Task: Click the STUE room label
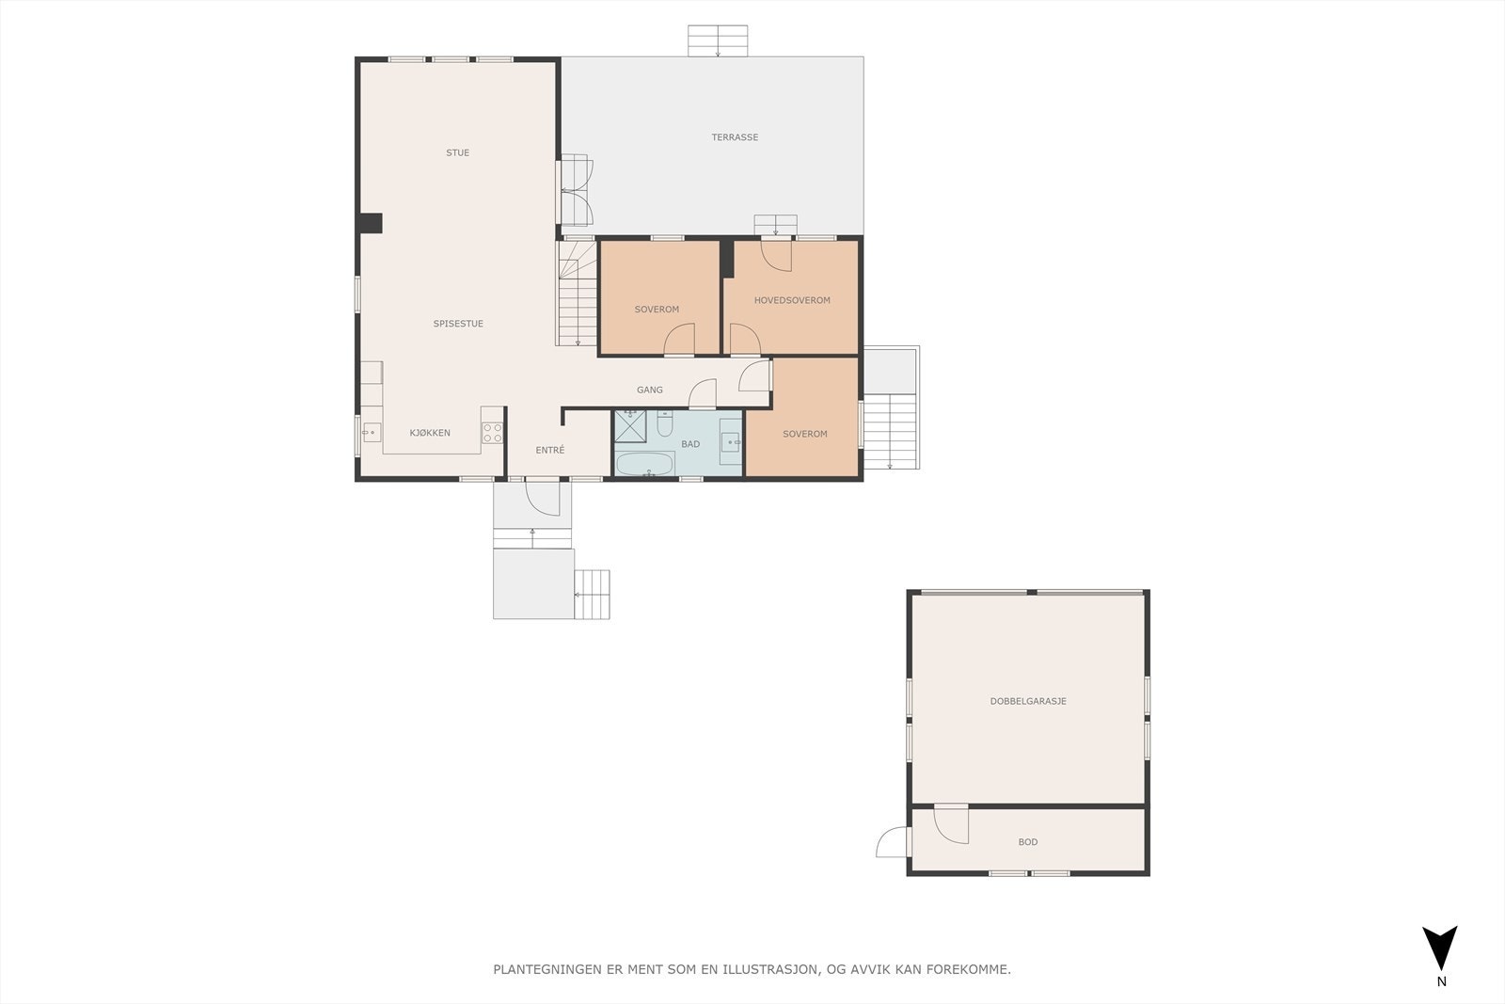(x=458, y=152)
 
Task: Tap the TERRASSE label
(x=735, y=137)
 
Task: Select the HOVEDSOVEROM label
(x=792, y=301)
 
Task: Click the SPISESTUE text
(x=458, y=324)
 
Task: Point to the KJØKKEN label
(x=430, y=433)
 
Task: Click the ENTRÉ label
(x=550, y=451)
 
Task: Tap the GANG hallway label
(x=650, y=390)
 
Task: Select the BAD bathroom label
(x=690, y=444)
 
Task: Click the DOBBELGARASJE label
(x=1028, y=701)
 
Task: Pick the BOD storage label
(x=1028, y=842)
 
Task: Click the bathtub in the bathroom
(x=644, y=464)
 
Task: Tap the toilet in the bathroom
(x=665, y=426)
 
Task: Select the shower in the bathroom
(x=630, y=426)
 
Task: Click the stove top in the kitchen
(x=492, y=433)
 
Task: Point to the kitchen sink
(x=371, y=433)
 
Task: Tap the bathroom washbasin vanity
(x=731, y=441)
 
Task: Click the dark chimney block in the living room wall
(x=370, y=223)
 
